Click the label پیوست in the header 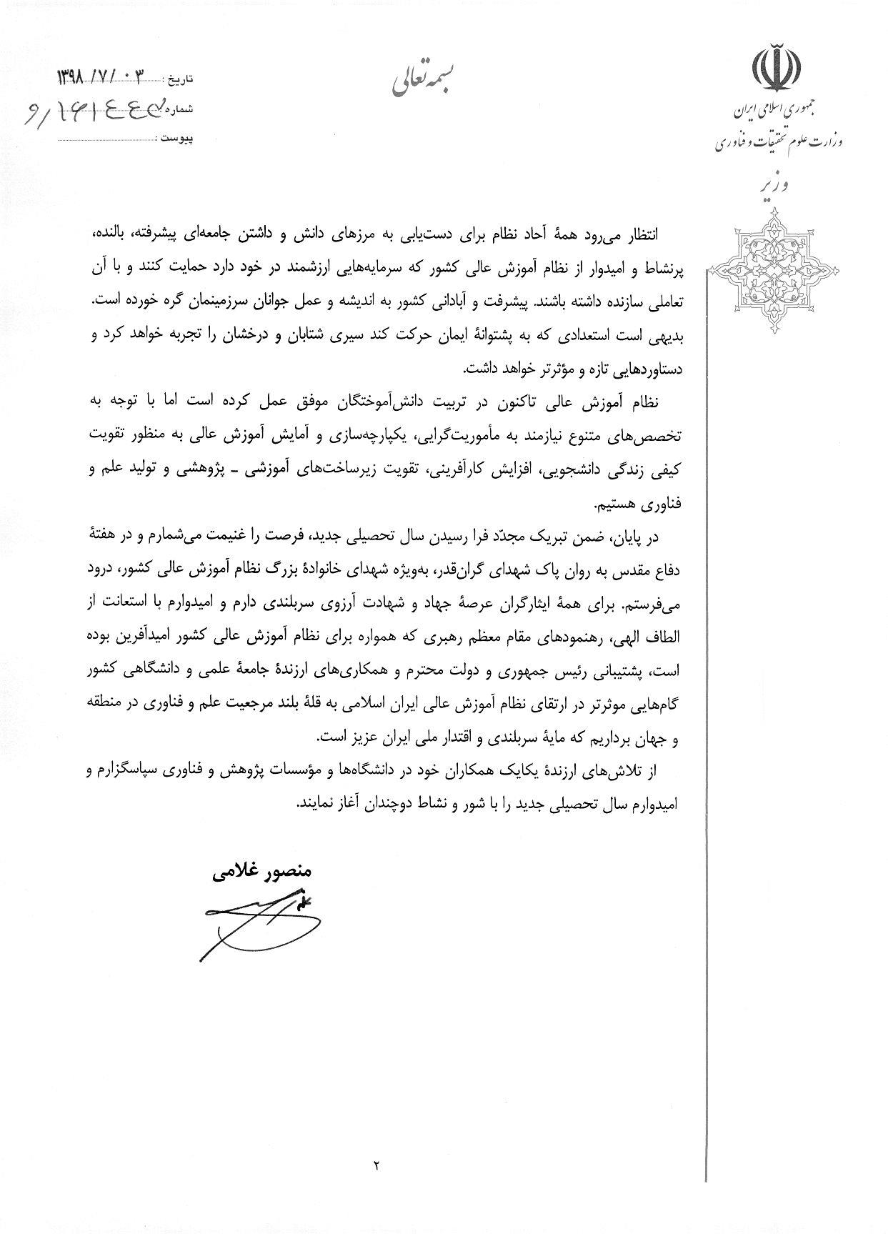[176, 135]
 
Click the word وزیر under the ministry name [774, 186]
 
